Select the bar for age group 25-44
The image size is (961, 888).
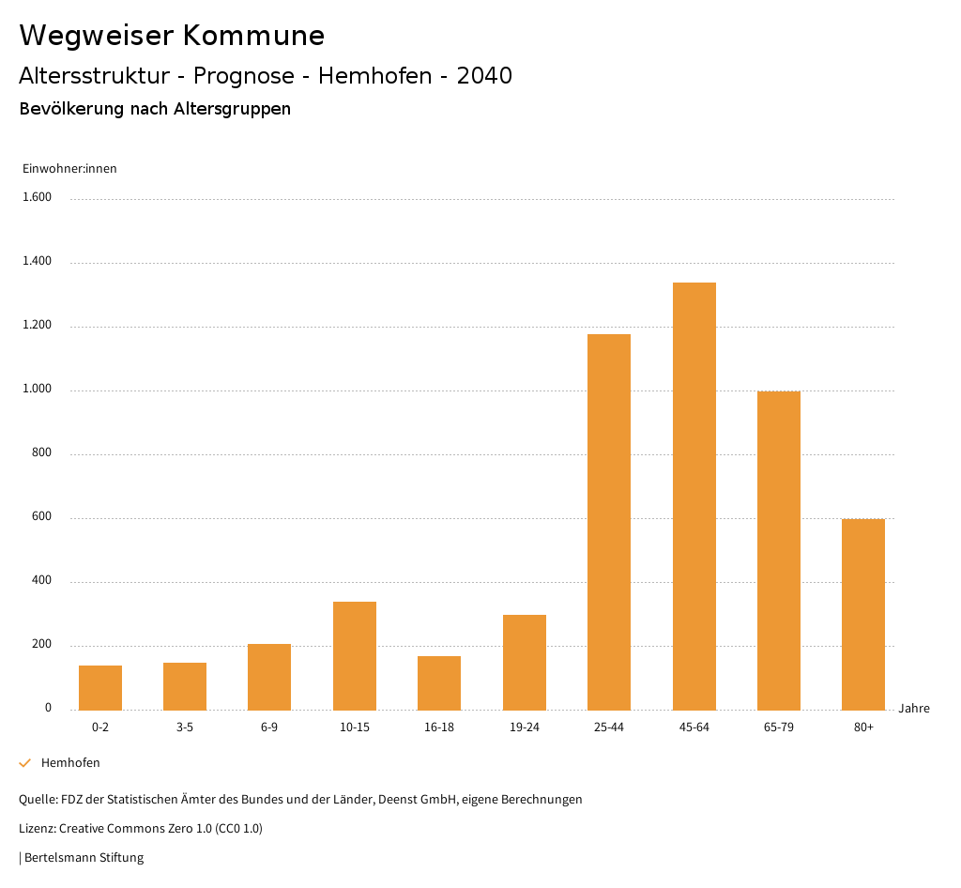click(609, 522)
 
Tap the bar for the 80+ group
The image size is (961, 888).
click(863, 614)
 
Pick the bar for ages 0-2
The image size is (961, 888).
click(100, 687)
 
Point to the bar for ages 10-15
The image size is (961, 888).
click(355, 655)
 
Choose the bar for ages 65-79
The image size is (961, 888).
click(779, 550)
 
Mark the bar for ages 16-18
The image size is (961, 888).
click(439, 682)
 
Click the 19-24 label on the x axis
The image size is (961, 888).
click(525, 727)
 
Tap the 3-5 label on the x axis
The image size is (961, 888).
click(185, 727)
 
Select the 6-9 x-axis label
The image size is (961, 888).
click(269, 727)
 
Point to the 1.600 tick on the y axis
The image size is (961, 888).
click(37, 197)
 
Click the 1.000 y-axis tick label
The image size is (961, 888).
click(37, 389)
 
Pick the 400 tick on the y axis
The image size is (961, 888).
click(42, 580)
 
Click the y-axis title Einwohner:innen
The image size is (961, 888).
click(69, 169)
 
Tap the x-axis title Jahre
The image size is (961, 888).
click(914, 709)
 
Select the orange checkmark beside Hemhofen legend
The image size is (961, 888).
click(25, 763)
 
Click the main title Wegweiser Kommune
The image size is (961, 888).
click(172, 36)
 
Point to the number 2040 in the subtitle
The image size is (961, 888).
click(484, 76)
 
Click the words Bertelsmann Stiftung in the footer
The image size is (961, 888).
click(84, 857)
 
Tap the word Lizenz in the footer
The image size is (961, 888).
click(37, 829)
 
